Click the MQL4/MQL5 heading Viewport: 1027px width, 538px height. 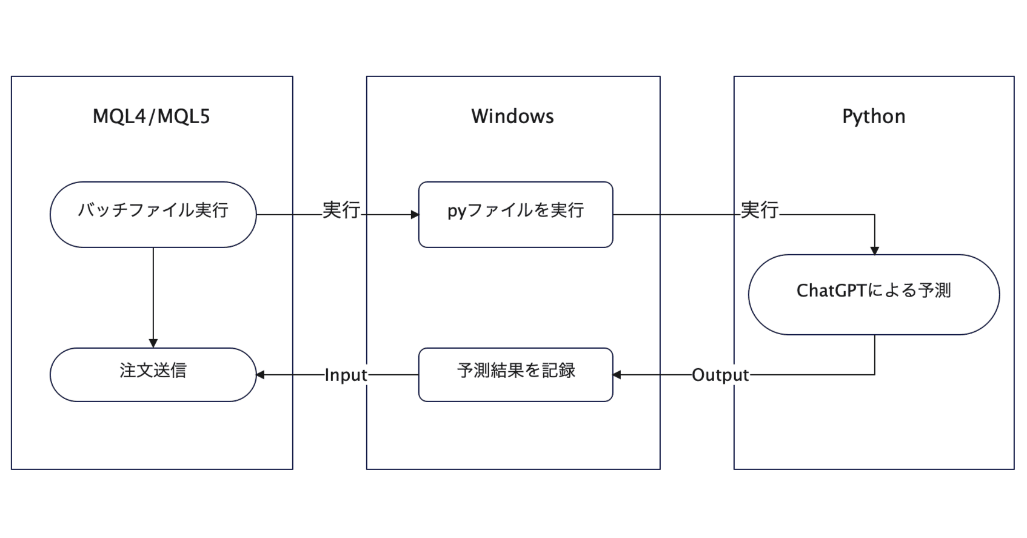pos(151,116)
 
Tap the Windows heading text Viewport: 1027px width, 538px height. pos(512,116)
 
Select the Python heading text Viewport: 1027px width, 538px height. pos(873,116)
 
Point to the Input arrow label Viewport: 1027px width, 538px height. pos(346,375)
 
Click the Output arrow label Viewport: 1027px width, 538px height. pos(720,375)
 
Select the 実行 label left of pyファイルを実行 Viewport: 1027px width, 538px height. pos(341,210)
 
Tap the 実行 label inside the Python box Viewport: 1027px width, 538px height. pos(760,210)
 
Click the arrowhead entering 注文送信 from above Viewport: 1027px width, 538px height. pos(153,343)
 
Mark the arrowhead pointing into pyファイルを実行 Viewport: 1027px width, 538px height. pos(415,214)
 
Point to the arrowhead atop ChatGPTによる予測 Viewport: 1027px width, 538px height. pos(874,251)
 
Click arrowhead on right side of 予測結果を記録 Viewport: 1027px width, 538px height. pos(617,375)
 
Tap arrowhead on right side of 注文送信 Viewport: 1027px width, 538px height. pos(261,375)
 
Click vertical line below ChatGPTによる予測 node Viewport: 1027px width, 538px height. pos(874,355)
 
